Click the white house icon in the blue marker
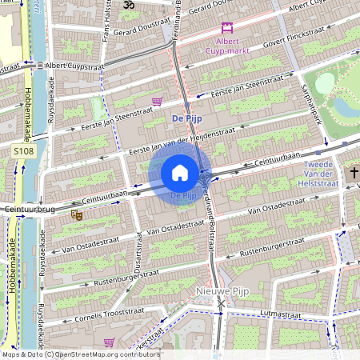pos(180,173)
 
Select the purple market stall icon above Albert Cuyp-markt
pos(227,27)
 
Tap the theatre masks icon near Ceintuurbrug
pos(78,214)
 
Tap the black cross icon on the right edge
pos(354,172)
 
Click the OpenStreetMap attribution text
pos(80,354)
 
